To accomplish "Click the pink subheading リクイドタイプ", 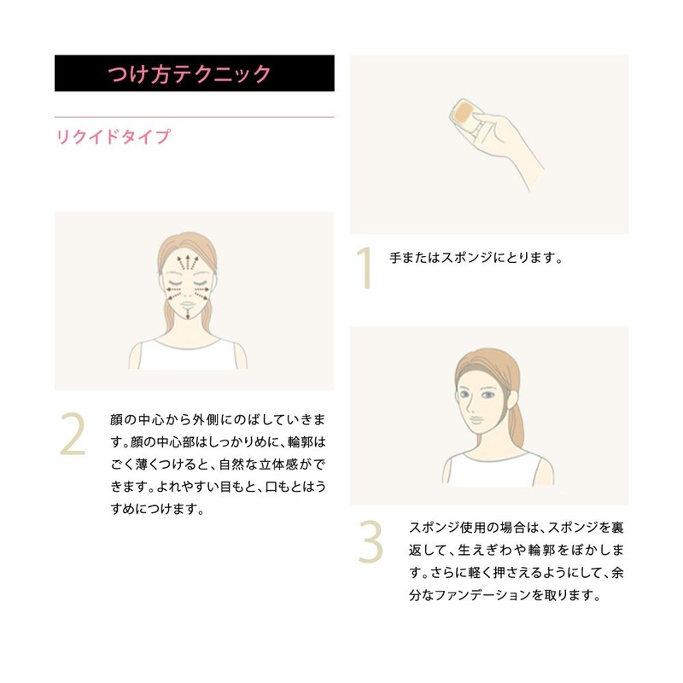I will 114,137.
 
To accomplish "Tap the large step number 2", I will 73,435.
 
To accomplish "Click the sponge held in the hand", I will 466,113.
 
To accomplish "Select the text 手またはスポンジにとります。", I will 476,257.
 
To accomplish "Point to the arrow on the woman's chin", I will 187,315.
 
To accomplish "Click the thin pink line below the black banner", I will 194,116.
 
